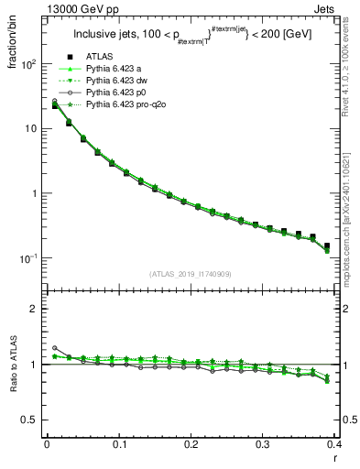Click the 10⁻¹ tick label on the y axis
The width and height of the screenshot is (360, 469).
click(28, 259)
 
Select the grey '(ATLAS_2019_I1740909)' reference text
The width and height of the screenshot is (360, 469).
click(191, 274)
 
